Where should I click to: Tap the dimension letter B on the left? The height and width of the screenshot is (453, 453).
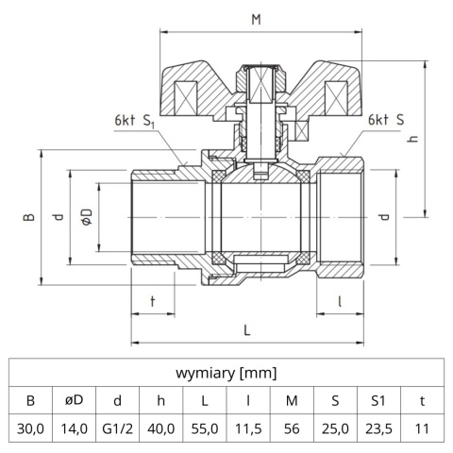[x=28, y=216]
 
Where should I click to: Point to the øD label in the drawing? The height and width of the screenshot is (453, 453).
[x=86, y=216]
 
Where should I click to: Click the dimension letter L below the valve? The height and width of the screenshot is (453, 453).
[x=247, y=330]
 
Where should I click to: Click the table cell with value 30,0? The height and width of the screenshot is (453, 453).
[x=30, y=428]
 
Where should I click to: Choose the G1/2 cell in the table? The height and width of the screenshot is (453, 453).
[x=117, y=428]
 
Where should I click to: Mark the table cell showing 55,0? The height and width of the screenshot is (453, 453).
[x=204, y=428]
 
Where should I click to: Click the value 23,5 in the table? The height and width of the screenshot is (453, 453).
[x=377, y=428]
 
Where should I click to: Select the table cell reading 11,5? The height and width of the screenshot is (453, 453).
[x=247, y=428]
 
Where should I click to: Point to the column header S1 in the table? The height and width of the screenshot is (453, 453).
[x=377, y=399]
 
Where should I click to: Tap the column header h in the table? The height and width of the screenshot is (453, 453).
[x=160, y=399]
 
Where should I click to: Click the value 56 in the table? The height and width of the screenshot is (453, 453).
[x=291, y=428]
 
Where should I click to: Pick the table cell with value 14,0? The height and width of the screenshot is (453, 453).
[x=74, y=428]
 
